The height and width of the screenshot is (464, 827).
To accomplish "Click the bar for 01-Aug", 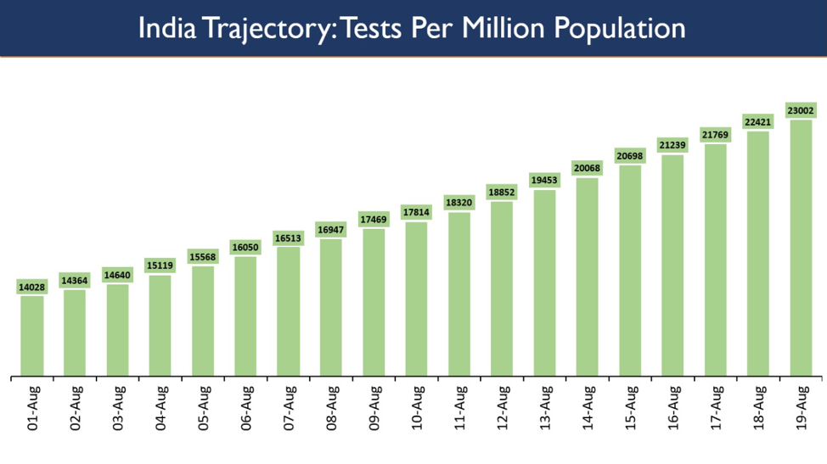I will click(x=32, y=335).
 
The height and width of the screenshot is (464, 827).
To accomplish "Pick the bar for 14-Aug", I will click(x=588, y=277).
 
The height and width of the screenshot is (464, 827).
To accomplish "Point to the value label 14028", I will click(x=32, y=288).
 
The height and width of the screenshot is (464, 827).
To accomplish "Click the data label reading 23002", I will click(x=801, y=111).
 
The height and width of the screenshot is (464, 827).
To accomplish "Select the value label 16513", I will click(x=289, y=238).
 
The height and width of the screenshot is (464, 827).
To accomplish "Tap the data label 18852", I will click(x=502, y=193).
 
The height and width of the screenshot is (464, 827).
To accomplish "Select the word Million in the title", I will click(x=498, y=28).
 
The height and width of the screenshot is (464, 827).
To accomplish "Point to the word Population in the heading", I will click(x=619, y=28).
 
